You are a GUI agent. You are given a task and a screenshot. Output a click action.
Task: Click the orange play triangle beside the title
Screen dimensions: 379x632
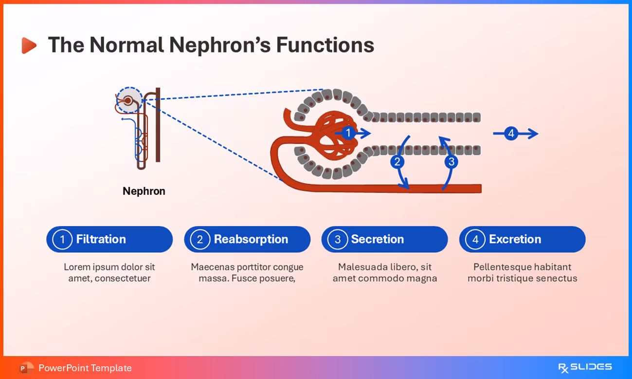29,45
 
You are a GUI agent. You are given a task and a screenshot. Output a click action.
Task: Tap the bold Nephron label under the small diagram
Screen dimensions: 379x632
144,191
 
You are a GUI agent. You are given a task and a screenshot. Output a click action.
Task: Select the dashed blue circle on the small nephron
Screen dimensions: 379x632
129,100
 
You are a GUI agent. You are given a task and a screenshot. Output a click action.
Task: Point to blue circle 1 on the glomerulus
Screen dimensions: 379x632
348,133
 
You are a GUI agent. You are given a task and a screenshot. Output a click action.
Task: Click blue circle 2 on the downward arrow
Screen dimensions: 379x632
397,162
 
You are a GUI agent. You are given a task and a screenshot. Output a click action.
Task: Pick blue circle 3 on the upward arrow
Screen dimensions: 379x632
451,162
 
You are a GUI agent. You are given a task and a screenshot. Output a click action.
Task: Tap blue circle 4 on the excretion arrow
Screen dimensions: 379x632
510,133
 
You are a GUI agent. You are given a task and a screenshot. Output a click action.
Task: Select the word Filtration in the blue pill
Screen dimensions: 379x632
101,239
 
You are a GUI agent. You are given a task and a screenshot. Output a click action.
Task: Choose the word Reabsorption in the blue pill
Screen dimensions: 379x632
251,239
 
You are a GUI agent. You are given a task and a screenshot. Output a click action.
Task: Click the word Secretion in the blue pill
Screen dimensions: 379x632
377,239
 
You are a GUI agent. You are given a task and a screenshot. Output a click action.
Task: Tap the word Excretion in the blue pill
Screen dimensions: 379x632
515,239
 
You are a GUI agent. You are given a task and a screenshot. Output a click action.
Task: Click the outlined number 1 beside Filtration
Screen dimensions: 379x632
62,239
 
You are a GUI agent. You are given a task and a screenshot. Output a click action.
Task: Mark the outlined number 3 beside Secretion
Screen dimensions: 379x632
337,239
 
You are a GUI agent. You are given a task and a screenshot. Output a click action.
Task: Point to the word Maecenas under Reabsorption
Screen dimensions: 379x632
212,267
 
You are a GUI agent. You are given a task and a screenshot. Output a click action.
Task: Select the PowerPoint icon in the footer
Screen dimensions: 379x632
26,368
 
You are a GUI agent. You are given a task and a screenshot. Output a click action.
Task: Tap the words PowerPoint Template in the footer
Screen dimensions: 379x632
85,368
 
